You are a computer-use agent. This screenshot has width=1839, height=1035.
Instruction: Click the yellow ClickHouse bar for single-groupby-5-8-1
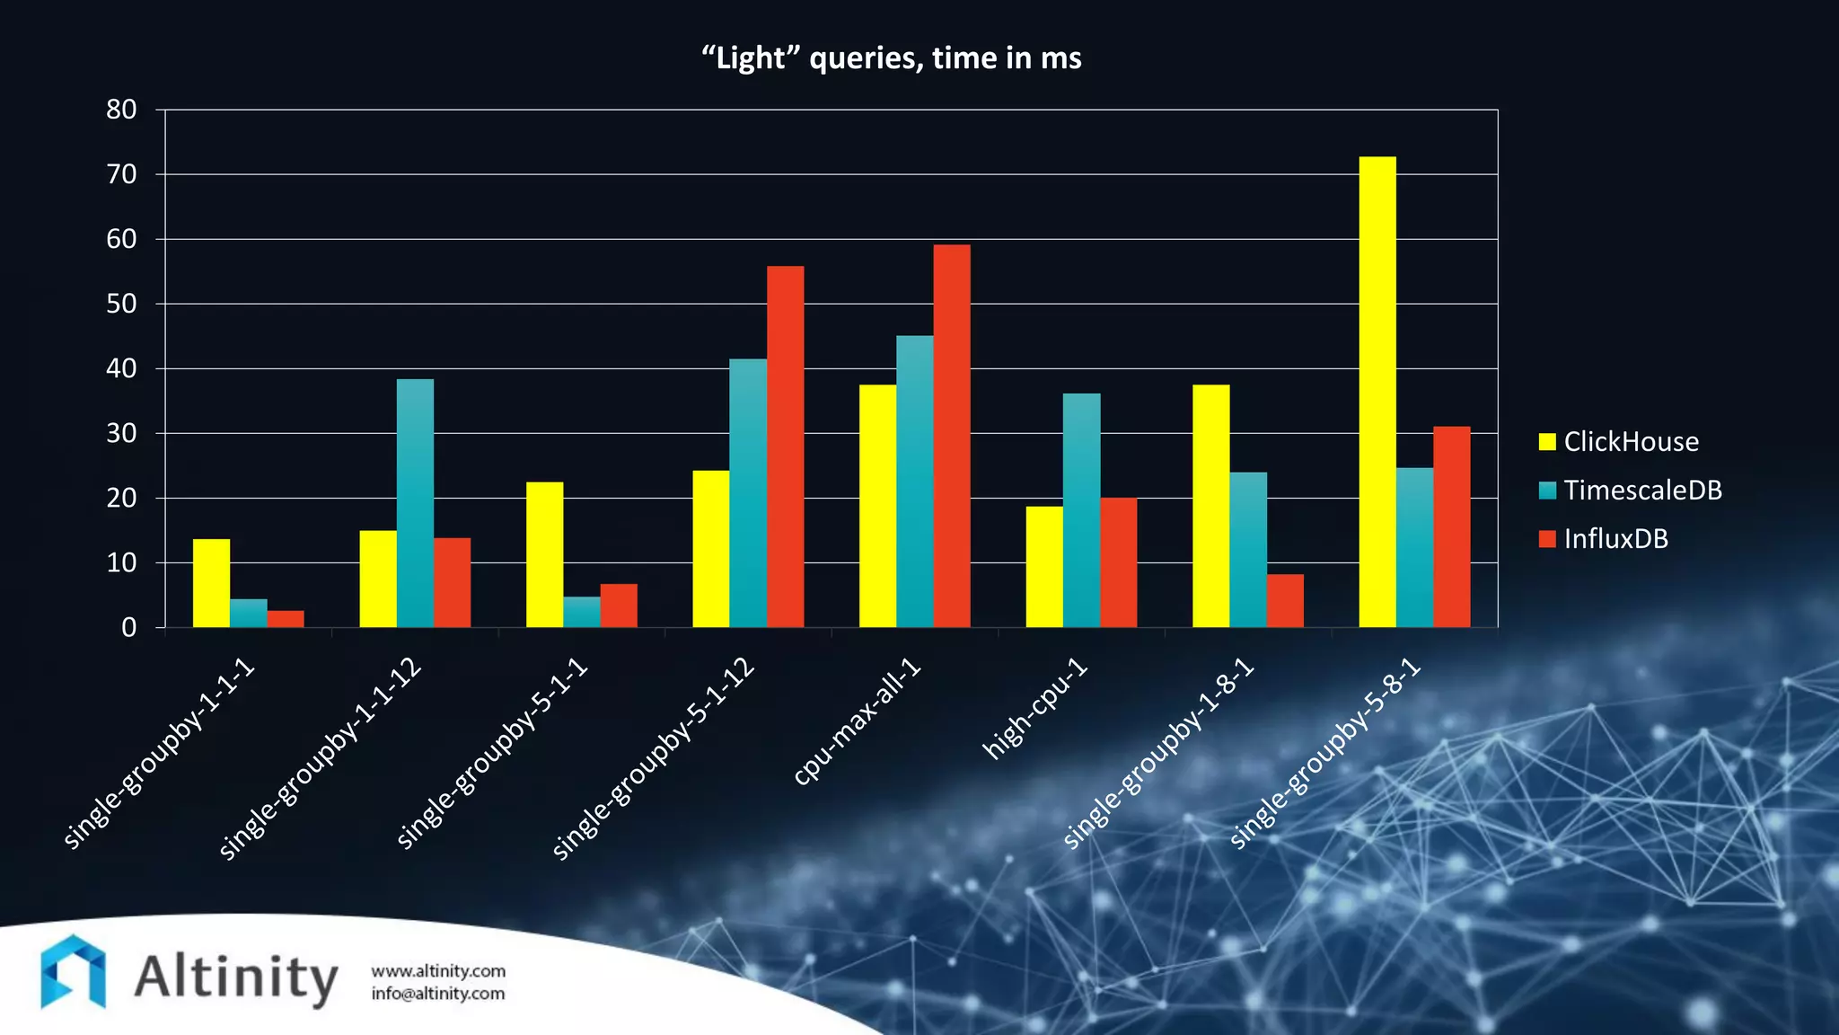coord(1377,392)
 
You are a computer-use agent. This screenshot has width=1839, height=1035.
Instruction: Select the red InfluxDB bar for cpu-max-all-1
coord(951,436)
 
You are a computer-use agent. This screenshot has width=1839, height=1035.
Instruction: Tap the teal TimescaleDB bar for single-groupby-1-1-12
coord(415,503)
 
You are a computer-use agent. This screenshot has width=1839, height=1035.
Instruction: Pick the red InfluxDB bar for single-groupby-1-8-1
coord(1284,600)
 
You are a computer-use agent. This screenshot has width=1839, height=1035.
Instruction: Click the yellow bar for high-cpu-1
coord(1043,567)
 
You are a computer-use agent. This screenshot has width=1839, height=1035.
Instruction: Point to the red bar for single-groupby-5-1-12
coord(785,447)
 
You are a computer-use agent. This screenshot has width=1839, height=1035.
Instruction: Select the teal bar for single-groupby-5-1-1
coord(581,612)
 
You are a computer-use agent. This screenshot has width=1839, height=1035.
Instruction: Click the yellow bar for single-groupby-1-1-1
coord(211,583)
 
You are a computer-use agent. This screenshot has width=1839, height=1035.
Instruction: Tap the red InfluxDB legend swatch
coord(1546,538)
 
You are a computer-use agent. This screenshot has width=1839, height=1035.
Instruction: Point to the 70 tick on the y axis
coord(121,174)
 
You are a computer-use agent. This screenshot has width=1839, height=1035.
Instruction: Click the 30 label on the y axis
coord(121,433)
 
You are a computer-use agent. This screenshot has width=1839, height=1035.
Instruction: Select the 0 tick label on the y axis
coord(128,627)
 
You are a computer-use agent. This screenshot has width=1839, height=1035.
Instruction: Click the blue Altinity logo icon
coord(73,972)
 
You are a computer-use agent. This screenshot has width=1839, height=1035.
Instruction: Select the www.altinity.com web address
coord(438,971)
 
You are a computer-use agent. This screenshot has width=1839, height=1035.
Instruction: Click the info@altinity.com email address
coord(438,994)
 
